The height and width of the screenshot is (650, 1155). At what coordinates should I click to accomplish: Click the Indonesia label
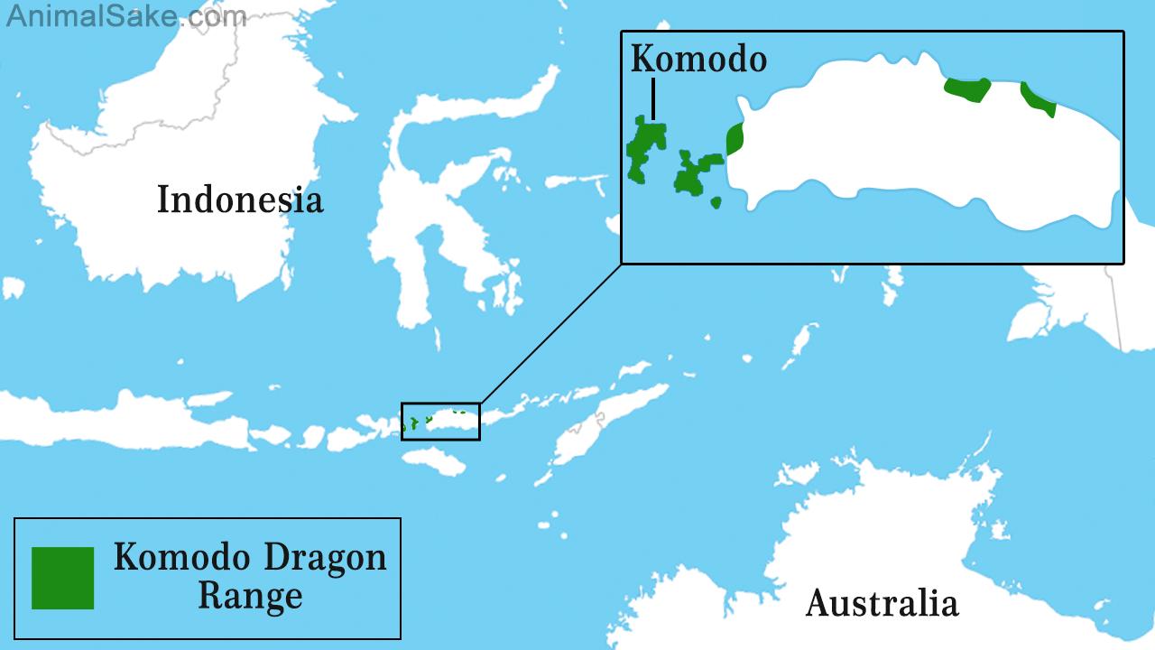tap(240, 200)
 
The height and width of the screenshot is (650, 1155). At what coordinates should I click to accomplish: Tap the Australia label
tap(882, 602)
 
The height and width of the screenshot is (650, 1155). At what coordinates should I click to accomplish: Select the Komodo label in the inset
tap(698, 60)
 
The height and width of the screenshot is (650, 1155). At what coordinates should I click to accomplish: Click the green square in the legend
tap(62, 578)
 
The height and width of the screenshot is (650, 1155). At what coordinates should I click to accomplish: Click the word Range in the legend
tap(250, 597)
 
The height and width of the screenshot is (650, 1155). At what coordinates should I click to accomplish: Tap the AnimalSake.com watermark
tap(125, 15)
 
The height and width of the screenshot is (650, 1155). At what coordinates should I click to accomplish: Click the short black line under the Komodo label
tap(652, 98)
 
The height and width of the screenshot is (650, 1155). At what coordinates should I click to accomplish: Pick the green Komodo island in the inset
tap(646, 146)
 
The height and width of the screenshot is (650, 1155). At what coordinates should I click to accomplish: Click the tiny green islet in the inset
tap(716, 202)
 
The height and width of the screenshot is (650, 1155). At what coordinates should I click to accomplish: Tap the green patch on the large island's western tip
tap(735, 139)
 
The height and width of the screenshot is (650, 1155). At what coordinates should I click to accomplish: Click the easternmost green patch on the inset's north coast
tap(1039, 99)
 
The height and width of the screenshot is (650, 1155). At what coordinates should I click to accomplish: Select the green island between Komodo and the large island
tap(696, 174)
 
